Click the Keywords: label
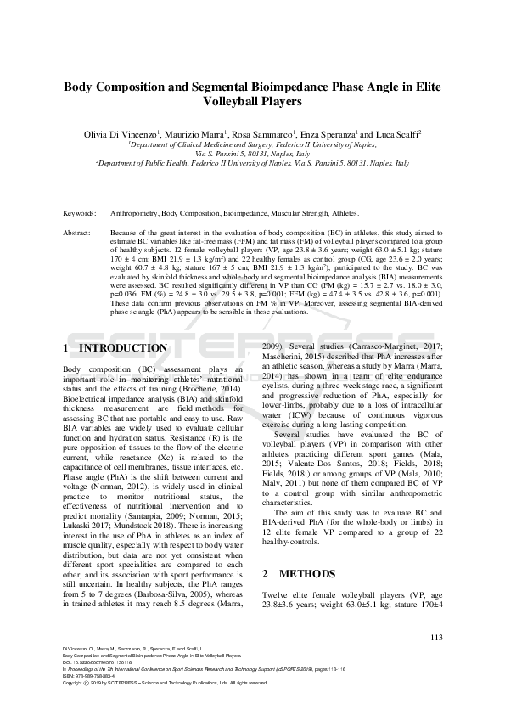click(x=81, y=214)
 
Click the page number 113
click(x=436, y=639)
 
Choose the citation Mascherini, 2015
click(x=291, y=357)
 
